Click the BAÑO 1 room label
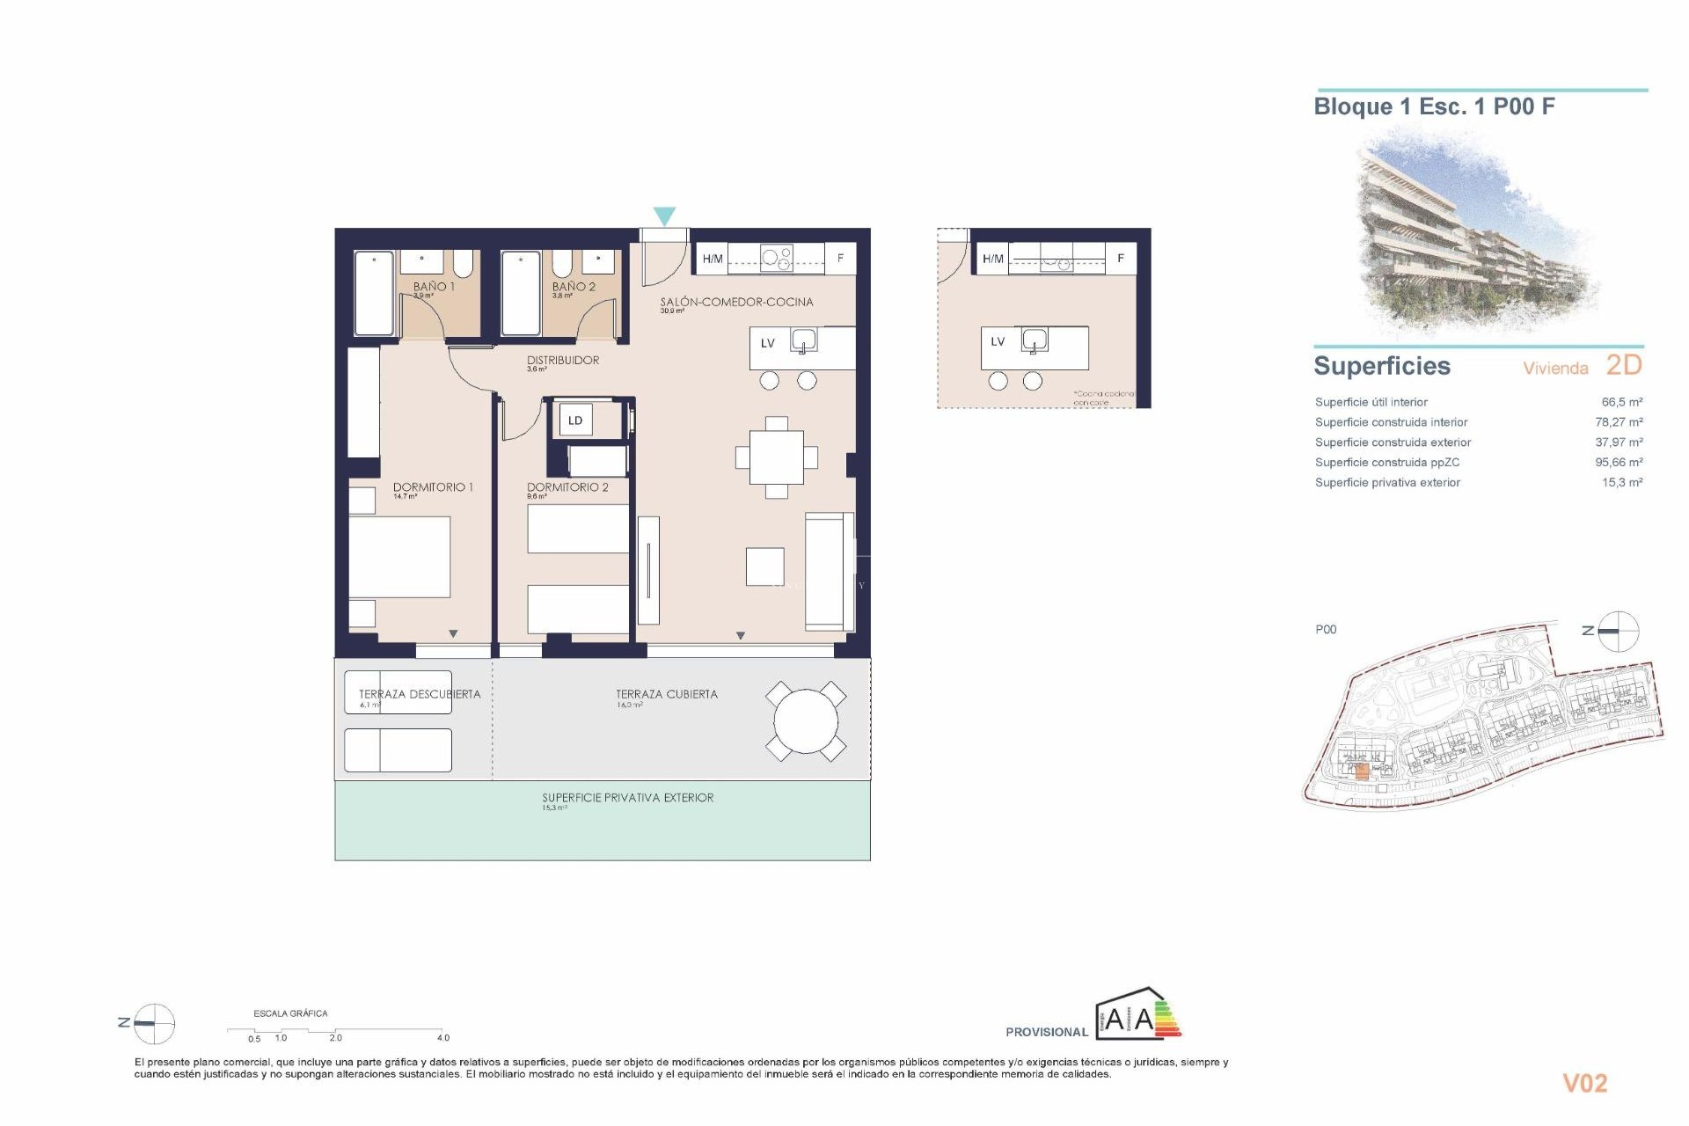(x=434, y=287)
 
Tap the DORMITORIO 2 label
(x=567, y=487)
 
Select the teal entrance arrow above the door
(x=664, y=216)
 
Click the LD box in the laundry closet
(x=575, y=420)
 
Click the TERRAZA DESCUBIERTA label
(x=420, y=694)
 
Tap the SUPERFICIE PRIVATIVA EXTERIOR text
(x=627, y=798)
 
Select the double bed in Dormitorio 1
(x=399, y=557)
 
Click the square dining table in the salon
(x=776, y=457)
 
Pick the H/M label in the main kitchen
(x=713, y=259)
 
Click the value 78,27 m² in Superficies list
(x=1619, y=422)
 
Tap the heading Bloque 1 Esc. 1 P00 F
(x=1434, y=107)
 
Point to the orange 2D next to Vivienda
(x=1624, y=365)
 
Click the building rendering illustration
(x=1478, y=233)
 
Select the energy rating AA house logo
(x=1137, y=1015)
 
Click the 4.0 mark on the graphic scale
(x=443, y=1038)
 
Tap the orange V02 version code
(x=1584, y=1084)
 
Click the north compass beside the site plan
(x=1617, y=631)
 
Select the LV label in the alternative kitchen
(x=998, y=342)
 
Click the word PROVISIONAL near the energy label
(x=1047, y=1032)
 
